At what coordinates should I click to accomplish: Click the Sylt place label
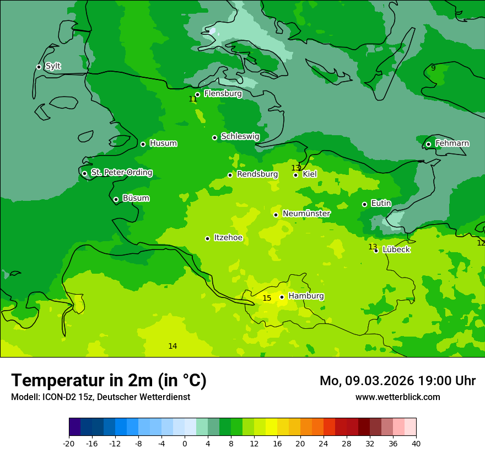point(53,66)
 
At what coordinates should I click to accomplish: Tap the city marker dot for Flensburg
point(197,94)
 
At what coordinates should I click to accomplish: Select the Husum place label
point(163,143)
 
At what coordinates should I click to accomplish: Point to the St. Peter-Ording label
point(121,173)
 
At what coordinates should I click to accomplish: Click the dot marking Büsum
point(116,200)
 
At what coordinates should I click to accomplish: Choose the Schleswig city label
point(240,136)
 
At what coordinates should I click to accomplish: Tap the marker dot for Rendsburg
point(230,175)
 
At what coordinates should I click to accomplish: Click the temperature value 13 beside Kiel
point(296,168)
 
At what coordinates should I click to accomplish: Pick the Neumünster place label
point(306,214)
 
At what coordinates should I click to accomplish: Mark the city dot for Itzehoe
point(207,239)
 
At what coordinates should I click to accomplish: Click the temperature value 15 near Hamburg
point(267,299)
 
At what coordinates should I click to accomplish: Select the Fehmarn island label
point(452,143)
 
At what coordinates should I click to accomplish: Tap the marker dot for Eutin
point(364,205)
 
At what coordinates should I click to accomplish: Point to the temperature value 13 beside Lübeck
point(373,247)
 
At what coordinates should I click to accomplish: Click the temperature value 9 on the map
point(433,68)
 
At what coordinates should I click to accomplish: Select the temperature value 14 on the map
point(173,346)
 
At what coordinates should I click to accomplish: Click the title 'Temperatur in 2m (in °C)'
point(109,381)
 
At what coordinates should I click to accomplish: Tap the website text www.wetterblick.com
point(397,397)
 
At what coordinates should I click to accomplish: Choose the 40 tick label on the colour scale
point(416,444)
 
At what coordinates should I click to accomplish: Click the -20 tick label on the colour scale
point(69,444)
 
